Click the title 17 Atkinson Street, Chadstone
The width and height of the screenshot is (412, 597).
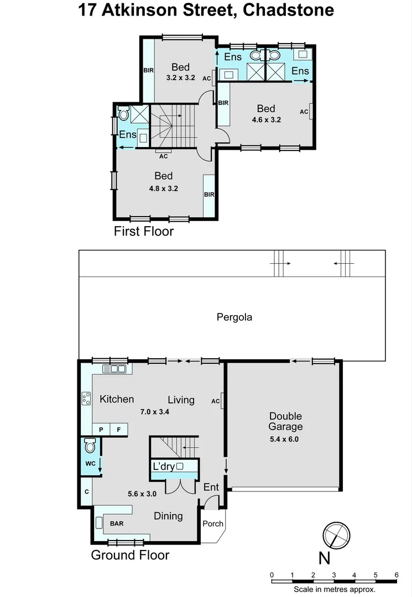206,11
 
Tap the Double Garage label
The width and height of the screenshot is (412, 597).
285,421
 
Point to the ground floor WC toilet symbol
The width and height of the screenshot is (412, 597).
90,446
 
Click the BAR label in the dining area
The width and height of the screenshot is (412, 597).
117,523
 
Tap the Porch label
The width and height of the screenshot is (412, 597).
213,523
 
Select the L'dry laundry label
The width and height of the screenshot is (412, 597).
164,467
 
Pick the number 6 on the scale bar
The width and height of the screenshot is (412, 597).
396,575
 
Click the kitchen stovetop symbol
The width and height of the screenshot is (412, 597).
86,399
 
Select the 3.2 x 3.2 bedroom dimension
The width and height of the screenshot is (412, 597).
180,78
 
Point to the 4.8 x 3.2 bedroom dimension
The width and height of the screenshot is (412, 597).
163,188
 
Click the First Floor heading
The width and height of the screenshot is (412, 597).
144,231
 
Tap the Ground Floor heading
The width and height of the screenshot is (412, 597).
130,555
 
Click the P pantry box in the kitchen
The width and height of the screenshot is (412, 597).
101,430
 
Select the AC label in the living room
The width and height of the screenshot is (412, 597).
216,401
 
